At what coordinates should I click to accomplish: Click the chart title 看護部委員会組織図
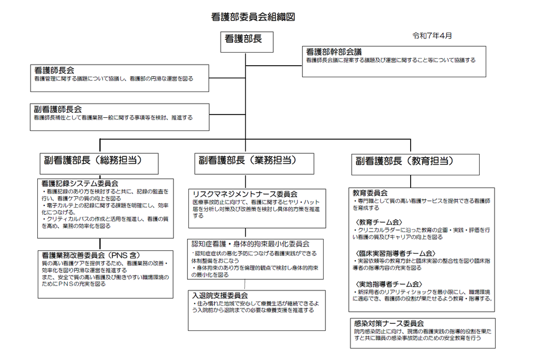pyautogui.click(x=253, y=17)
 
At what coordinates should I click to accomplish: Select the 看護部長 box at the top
pyautogui.click(x=246, y=42)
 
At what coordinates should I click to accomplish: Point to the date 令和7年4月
pyautogui.click(x=432, y=36)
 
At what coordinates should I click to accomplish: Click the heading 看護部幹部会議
pyautogui.click(x=333, y=52)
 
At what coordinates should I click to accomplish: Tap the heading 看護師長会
pyautogui.click(x=54, y=70)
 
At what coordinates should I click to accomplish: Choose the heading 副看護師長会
pyautogui.click(x=58, y=109)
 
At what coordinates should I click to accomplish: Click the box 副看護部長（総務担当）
pyautogui.click(x=99, y=164)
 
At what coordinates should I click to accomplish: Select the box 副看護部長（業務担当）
pyautogui.click(x=254, y=164)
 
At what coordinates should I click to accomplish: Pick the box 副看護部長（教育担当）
pyautogui.click(x=415, y=164)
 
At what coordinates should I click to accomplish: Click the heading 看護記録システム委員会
pyautogui.click(x=80, y=184)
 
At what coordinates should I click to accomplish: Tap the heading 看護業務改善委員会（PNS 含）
pyautogui.click(x=91, y=255)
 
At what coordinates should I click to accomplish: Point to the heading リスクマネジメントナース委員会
pyautogui.click(x=245, y=194)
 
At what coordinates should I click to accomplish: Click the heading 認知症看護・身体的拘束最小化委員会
pyautogui.click(x=250, y=244)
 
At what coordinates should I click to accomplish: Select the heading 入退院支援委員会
pyautogui.click(x=220, y=295)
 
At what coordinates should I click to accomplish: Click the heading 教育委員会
pyautogui.click(x=370, y=193)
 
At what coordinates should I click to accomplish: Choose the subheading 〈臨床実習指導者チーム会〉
pyautogui.click(x=395, y=254)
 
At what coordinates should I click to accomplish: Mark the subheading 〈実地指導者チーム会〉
pyautogui.click(x=389, y=284)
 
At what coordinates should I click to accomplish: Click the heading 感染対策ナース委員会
pyautogui.click(x=389, y=323)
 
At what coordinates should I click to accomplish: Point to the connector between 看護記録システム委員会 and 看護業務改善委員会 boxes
pyautogui.click(x=100, y=244)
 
